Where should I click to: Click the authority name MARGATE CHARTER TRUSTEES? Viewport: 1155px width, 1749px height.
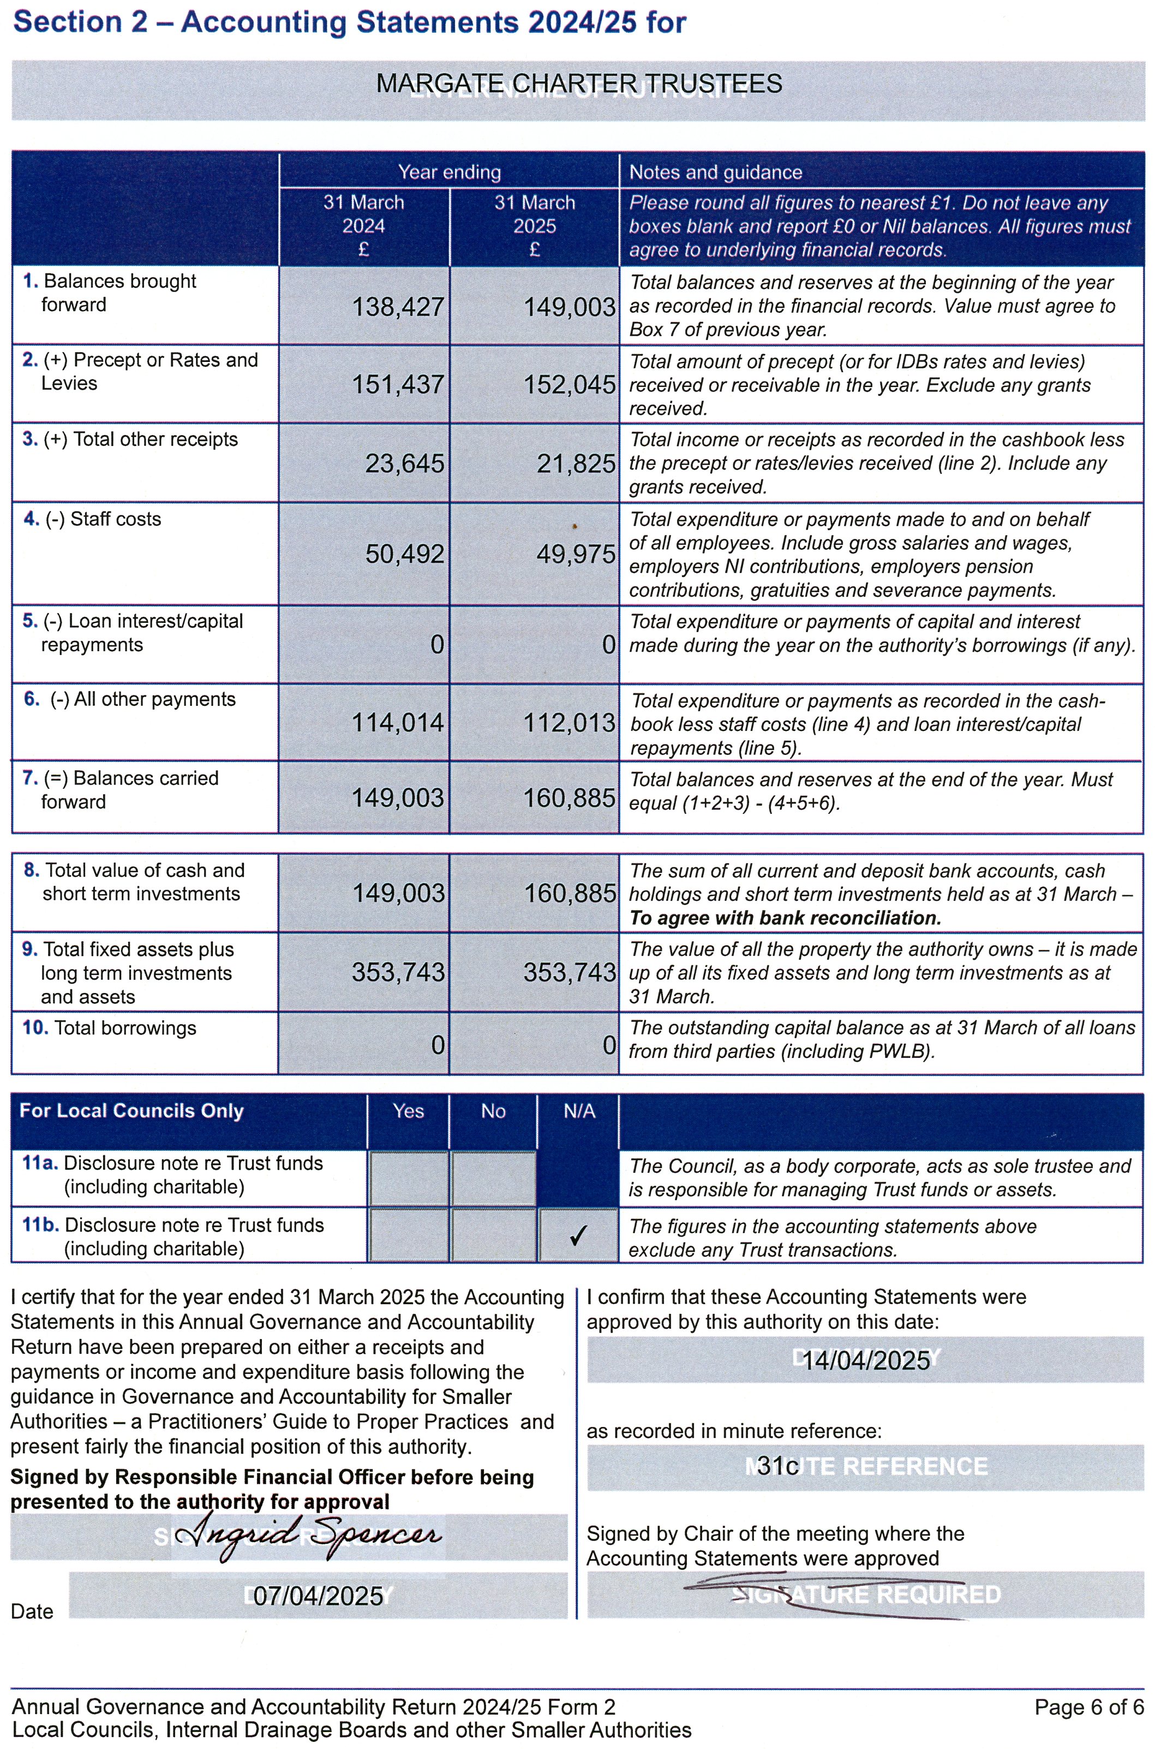click(x=578, y=84)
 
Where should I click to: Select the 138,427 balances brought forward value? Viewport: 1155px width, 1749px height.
click(x=398, y=307)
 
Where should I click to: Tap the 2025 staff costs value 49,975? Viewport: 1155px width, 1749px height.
click(x=575, y=554)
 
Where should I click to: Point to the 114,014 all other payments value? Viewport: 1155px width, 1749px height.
click(x=398, y=722)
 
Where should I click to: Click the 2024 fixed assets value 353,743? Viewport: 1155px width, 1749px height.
click(x=398, y=972)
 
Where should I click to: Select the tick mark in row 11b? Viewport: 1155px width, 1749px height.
click(x=578, y=1235)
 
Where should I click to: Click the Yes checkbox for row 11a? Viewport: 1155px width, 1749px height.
click(x=408, y=1178)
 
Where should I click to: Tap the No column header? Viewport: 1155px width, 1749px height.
click(x=493, y=1111)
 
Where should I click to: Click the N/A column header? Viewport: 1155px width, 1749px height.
click(x=579, y=1111)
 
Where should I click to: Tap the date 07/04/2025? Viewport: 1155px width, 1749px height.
click(x=318, y=1596)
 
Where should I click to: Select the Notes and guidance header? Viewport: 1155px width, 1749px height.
click(x=715, y=172)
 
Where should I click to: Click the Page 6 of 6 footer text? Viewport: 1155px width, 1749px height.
click(x=1088, y=1707)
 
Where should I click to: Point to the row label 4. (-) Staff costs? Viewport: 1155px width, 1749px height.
click(x=92, y=519)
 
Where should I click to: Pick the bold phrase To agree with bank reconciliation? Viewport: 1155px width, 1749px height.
click(x=785, y=918)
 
